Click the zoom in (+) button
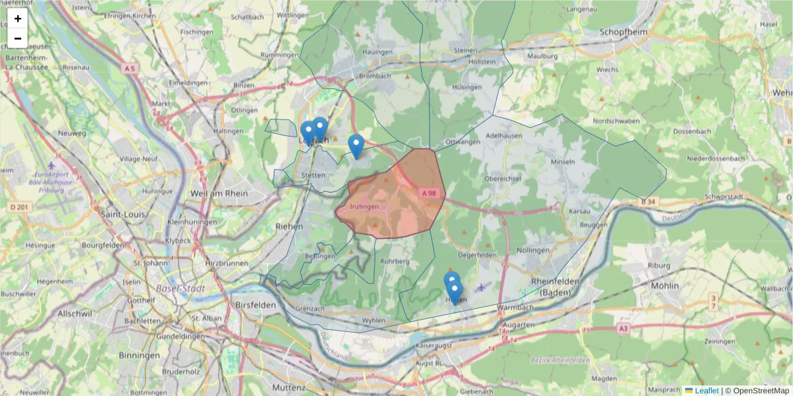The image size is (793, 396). (18, 18)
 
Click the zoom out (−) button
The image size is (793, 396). (18, 38)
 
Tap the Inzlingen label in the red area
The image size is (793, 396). (364, 207)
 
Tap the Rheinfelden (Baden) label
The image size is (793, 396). (555, 286)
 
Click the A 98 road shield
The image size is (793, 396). (429, 193)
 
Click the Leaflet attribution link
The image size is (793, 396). (706, 391)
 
